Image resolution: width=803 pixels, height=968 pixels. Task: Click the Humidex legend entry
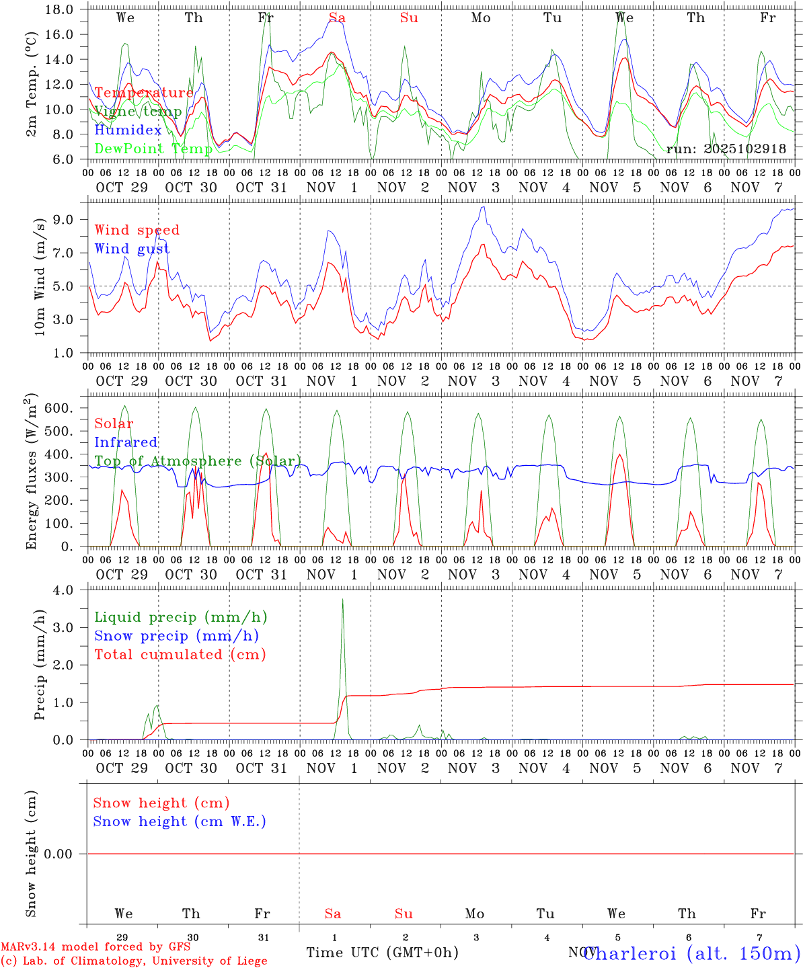click(128, 130)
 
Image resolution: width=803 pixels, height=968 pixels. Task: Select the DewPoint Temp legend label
click(153, 149)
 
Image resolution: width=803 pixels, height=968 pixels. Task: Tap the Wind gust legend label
click(132, 249)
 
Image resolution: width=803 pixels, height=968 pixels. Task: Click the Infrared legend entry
click(126, 442)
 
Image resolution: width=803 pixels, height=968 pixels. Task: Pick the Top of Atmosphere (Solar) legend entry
click(198, 461)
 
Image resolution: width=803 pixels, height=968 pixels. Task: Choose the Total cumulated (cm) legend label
click(180, 654)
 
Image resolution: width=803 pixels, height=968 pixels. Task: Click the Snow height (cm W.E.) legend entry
click(180, 821)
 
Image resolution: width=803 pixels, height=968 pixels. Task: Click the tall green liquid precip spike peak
click(343, 600)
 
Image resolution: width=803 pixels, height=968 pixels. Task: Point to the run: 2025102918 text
click(726, 149)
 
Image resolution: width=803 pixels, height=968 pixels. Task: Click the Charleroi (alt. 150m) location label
click(691, 953)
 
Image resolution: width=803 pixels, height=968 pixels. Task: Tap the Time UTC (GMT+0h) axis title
click(382, 953)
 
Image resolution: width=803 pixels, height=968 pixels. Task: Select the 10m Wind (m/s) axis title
click(40, 276)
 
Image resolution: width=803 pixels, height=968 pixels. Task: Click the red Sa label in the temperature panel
click(337, 18)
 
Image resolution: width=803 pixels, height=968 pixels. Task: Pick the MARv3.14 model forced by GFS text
click(95, 946)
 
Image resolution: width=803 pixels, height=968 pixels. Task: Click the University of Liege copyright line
click(134, 961)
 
